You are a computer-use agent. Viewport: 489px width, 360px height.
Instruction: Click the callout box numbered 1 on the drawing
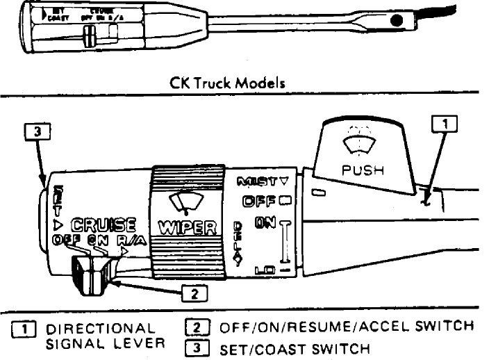coord(445,124)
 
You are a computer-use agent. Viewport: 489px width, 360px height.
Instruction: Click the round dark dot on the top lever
coord(397,22)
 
